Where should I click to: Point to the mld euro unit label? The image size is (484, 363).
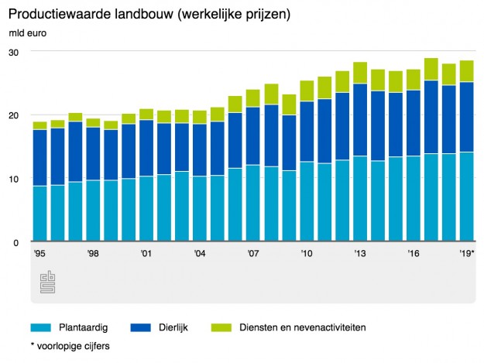coord(27,34)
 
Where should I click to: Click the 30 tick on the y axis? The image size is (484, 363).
coord(14,52)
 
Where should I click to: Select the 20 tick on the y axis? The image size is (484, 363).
coord(14,115)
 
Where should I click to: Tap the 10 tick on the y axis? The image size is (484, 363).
coord(14,179)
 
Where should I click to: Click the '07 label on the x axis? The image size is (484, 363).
coord(252,254)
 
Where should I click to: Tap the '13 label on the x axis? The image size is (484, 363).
coord(359,254)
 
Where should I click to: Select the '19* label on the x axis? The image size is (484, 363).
coord(466,254)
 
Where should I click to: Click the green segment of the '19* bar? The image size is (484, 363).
coord(466,71)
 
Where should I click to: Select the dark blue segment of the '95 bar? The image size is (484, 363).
coord(39,158)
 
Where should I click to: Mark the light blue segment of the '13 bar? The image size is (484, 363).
coord(359,199)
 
